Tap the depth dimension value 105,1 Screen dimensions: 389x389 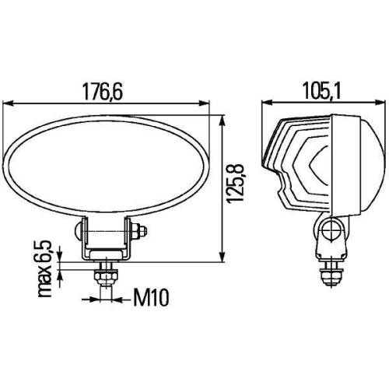[321, 92]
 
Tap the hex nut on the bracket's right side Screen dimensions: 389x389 [139, 231]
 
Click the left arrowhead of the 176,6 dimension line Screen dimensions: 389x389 [10, 103]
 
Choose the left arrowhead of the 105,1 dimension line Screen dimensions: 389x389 [266, 103]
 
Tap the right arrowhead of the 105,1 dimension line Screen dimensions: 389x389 [378, 103]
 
